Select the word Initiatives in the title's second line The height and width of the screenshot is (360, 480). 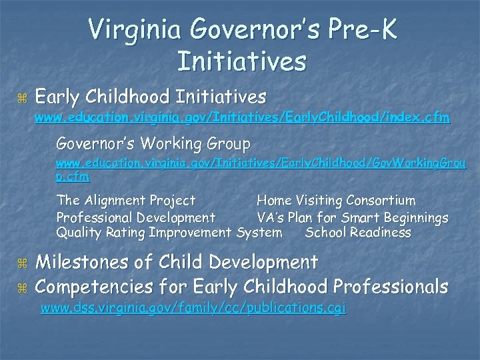242,62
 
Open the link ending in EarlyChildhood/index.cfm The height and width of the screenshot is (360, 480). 242,119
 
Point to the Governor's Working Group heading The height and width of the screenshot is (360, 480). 153,143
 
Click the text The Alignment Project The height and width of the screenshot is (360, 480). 126,201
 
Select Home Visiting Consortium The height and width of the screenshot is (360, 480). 336,201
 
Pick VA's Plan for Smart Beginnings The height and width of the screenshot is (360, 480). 353,217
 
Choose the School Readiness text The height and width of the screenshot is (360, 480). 358,233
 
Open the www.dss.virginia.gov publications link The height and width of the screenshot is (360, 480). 193,309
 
